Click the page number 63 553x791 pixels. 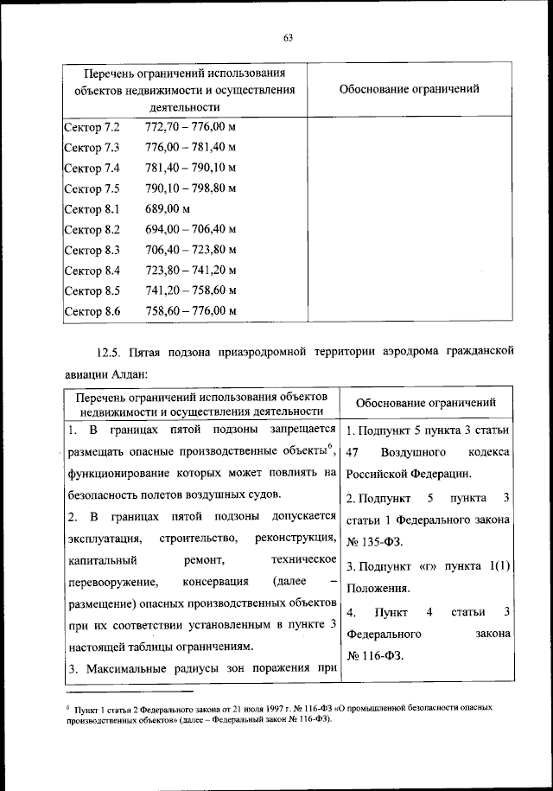[x=289, y=35]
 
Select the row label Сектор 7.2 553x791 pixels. [x=92, y=128]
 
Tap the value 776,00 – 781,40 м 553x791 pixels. [x=191, y=147]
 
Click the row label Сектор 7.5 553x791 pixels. [x=92, y=188]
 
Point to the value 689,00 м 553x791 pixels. [x=168, y=208]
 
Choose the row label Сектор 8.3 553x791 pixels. [x=92, y=249]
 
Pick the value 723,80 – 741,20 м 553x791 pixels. [x=191, y=270]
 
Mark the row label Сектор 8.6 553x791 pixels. [x=92, y=310]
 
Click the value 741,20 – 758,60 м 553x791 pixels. [x=191, y=290]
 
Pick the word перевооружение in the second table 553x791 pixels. [x=108, y=581]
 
